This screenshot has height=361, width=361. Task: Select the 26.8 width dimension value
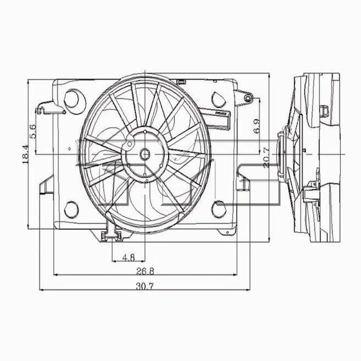[x=145, y=271]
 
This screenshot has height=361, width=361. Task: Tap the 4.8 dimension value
[x=129, y=257]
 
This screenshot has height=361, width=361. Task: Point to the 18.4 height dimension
[x=26, y=155]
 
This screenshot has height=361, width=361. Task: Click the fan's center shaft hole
[x=144, y=155]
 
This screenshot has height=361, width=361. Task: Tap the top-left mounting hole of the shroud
[x=71, y=99]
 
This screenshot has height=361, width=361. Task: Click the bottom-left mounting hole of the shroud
[x=71, y=209]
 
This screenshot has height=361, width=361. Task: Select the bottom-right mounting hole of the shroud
[x=218, y=209]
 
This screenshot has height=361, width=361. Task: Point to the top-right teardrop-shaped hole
[x=218, y=99]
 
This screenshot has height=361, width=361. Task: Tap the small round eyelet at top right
[x=247, y=98]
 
